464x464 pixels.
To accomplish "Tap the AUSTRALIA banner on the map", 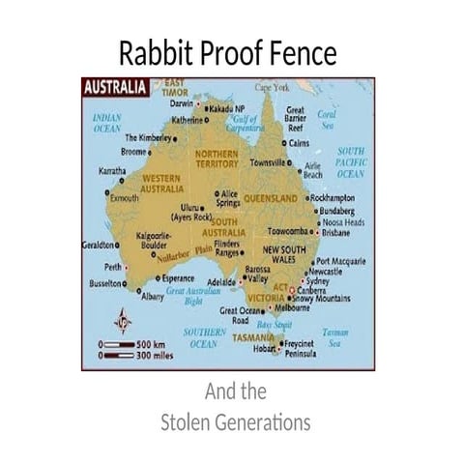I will (x=114, y=87).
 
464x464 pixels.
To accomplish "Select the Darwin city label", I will (x=182, y=102).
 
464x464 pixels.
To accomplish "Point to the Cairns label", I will (x=299, y=142).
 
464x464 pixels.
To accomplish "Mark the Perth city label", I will (x=113, y=267).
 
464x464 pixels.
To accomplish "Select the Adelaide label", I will (x=221, y=282).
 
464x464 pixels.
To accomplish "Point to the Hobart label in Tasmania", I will (x=265, y=351).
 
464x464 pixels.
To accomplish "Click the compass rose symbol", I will (x=123, y=320).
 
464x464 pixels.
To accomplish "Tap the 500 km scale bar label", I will (x=153, y=342).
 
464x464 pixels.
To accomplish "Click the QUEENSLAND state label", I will (x=271, y=198).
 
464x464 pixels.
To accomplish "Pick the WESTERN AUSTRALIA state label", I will (x=170, y=183).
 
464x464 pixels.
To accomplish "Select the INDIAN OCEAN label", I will (x=106, y=122).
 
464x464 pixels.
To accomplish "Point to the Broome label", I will (x=133, y=152).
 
